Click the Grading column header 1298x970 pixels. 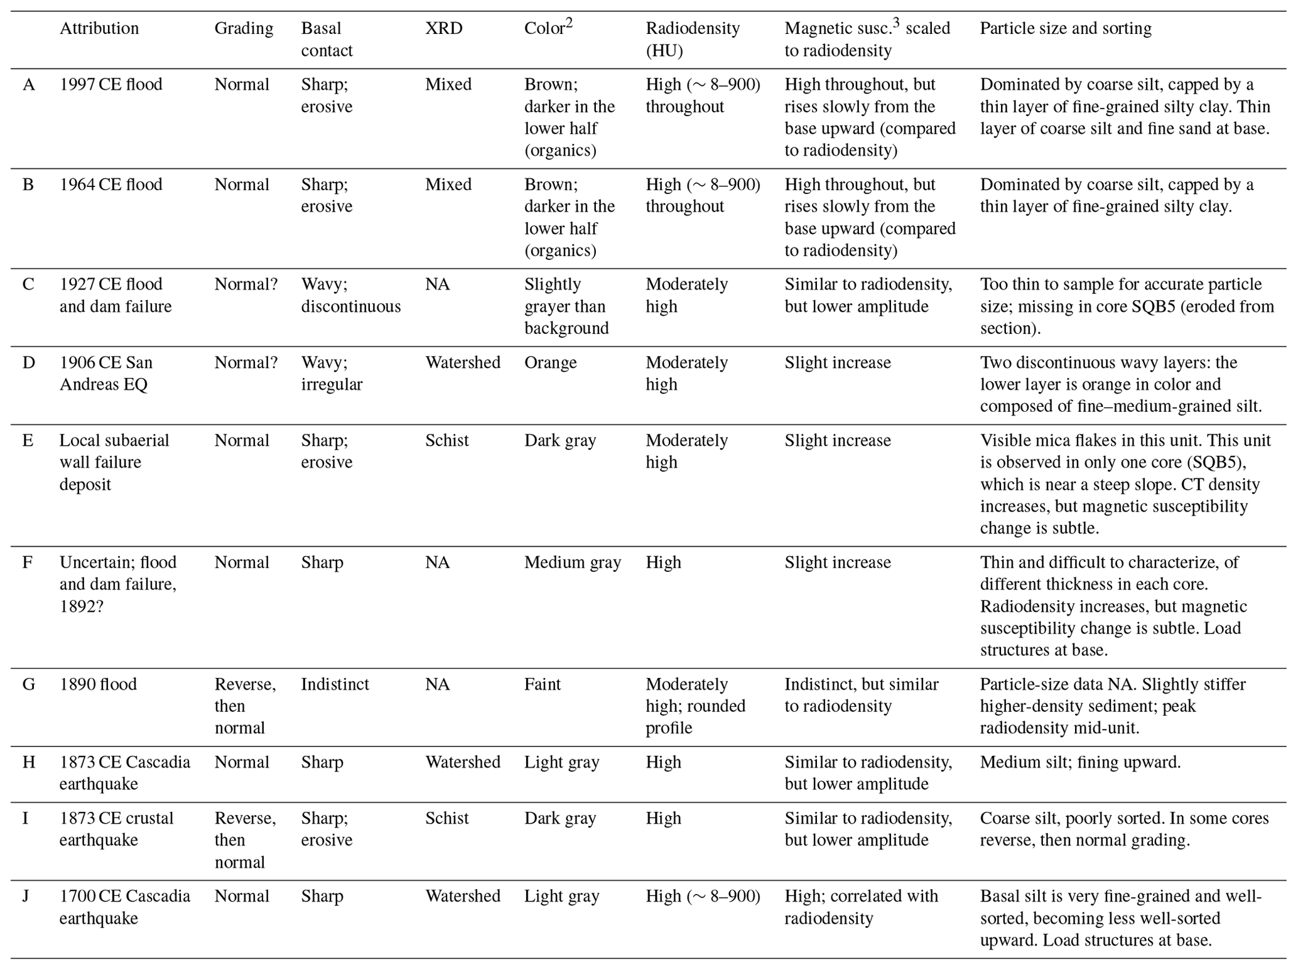point(244,28)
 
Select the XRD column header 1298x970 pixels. point(443,28)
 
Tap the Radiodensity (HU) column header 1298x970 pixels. point(692,39)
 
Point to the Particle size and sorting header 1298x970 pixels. point(1065,28)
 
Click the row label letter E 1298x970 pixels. point(28,440)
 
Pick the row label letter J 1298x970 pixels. point(26,896)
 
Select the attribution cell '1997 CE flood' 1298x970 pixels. point(111,84)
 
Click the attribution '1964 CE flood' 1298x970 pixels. point(111,184)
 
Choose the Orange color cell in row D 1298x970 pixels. point(550,362)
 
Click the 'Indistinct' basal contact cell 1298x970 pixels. point(335,684)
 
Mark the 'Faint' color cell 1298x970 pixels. point(542,684)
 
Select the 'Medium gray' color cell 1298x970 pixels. point(572,562)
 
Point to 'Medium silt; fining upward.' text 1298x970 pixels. point(1080,762)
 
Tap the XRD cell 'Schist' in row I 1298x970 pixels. point(446,818)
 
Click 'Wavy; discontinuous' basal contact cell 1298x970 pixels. point(350,295)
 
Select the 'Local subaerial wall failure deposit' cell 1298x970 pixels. point(114,462)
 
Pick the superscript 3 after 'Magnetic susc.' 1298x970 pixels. point(896,23)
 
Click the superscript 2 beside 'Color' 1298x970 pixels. point(569,23)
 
